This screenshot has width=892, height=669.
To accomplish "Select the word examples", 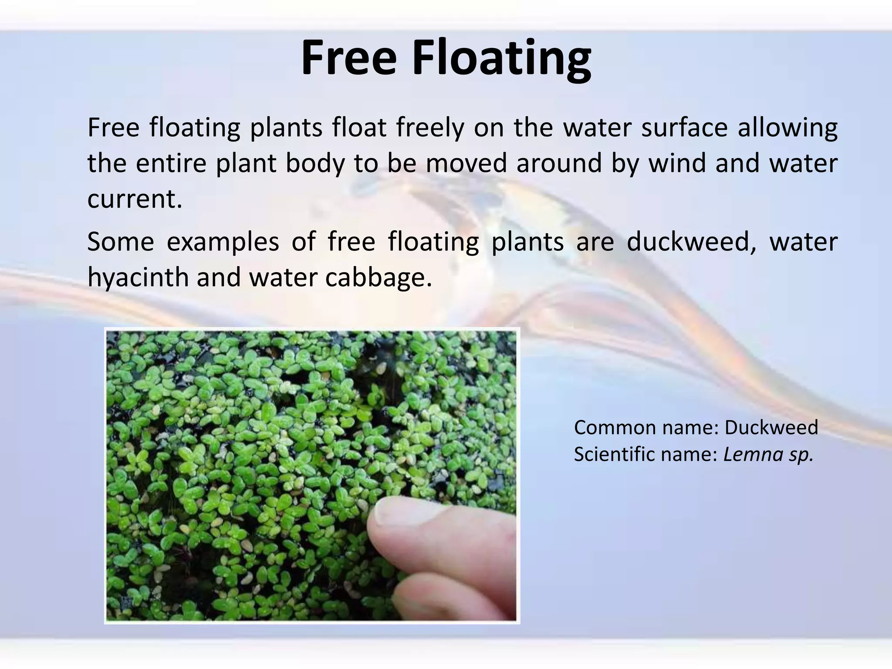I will (223, 243).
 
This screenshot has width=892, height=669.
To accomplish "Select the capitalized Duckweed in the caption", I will (771, 428).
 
